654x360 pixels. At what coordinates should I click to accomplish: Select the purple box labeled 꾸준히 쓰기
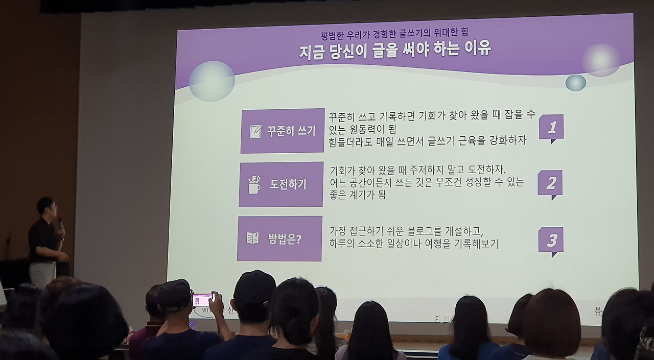[x=283, y=131]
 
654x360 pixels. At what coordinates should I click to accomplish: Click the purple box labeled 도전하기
[x=281, y=184]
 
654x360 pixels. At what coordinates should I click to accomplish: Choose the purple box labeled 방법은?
[x=279, y=238]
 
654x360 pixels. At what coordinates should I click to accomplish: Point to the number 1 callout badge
[x=551, y=128]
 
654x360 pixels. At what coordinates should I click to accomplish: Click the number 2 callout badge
[x=550, y=183]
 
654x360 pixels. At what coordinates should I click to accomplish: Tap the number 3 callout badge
[x=551, y=240]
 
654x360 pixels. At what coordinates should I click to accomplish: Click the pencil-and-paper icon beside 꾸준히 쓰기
[x=255, y=131]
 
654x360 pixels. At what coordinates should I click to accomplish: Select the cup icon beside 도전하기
[x=254, y=185]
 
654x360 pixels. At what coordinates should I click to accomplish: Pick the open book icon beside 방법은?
[x=253, y=238]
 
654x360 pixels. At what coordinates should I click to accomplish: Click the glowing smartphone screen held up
[x=202, y=300]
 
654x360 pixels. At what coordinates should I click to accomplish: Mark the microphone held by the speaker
[x=61, y=224]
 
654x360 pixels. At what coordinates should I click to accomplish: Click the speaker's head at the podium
[x=46, y=206]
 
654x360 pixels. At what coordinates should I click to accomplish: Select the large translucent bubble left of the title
[x=212, y=81]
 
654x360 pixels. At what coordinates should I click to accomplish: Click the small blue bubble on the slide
[x=576, y=83]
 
